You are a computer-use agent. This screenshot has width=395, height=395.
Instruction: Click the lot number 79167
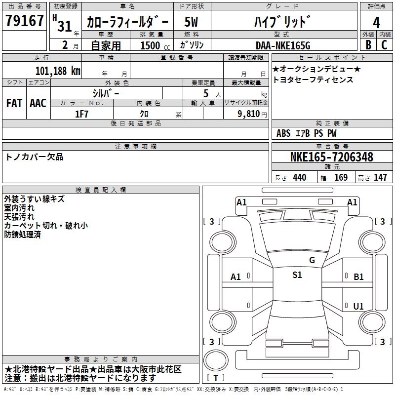[x=24, y=20]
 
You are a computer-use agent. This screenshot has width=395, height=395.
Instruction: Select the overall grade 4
[x=376, y=22]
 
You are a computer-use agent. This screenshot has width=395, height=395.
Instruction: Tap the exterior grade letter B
[x=368, y=45]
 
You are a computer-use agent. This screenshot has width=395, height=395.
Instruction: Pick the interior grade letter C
[x=384, y=45]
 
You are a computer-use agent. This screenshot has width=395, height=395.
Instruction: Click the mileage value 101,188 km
[x=58, y=71]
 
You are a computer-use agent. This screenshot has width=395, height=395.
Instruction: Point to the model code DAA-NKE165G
[x=283, y=45]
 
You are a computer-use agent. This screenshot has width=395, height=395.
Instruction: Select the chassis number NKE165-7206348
[x=331, y=157]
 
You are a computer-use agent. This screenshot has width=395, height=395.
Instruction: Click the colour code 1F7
[x=81, y=114]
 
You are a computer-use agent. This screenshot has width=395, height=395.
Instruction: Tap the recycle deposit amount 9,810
[x=249, y=114]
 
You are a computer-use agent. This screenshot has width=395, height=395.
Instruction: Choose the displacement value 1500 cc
[x=155, y=45]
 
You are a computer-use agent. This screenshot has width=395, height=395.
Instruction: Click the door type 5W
[x=191, y=22]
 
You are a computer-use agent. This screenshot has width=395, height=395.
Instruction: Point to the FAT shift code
[x=14, y=103]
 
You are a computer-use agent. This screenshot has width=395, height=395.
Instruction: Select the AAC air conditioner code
[x=38, y=103]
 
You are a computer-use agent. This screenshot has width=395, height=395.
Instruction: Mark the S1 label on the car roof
[x=297, y=275]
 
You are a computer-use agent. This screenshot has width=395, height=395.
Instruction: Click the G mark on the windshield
[x=312, y=260]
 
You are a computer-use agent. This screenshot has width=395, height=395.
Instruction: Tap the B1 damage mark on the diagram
[x=358, y=277]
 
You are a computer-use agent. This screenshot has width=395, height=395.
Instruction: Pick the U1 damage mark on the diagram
[x=358, y=306]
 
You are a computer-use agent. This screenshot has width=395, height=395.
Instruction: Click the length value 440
[x=300, y=177]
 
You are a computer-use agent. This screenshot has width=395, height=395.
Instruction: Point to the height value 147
[x=380, y=177]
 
